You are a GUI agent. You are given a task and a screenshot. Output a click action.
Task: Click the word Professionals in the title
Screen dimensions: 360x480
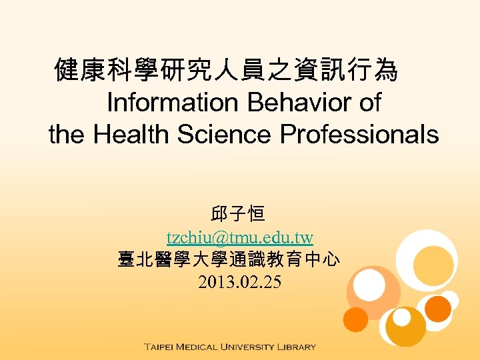pyautogui.click(x=359, y=135)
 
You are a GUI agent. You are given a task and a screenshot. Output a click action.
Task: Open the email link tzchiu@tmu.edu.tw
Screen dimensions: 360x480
pyautogui.click(x=240, y=237)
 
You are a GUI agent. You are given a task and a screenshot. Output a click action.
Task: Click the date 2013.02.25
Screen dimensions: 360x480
pyautogui.click(x=240, y=283)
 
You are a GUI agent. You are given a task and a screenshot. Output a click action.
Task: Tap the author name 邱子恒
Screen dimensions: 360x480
pyautogui.click(x=238, y=215)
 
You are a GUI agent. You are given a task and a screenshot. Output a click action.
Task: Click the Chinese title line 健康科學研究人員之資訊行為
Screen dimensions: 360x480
pyautogui.click(x=227, y=70)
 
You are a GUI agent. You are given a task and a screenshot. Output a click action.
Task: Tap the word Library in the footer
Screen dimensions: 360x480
pyautogui.click(x=298, y=347)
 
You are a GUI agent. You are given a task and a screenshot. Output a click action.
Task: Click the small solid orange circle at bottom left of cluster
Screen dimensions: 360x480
pyautogui.click(x=356, y=319)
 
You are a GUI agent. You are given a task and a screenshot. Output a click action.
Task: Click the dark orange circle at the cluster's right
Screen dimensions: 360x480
pyautogui.click(x=438, y=308)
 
